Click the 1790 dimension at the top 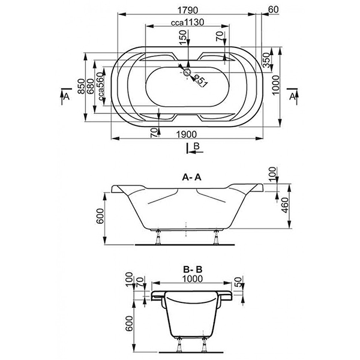(x=187, y=10)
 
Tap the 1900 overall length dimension (x=187, y=134)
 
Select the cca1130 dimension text (x=188, y=23)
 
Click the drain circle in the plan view (x=187, y=73)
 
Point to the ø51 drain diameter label (x=200, y=80)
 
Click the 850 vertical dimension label (x=81, y=86)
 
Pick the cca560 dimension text (x=100, y=86)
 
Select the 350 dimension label (x=266, y=60)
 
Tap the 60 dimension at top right (x=273, y=10)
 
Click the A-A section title (x=191, y=177)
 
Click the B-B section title (x=193, y=269)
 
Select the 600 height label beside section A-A (x=100, y=216)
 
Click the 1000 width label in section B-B (x=193, y=279)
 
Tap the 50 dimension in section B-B (x=239, y=282)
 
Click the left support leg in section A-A (x=158, y=237)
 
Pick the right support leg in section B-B (x=203, y=345)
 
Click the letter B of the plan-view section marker (x=197, y=146)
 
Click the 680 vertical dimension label (x=91, y=86)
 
